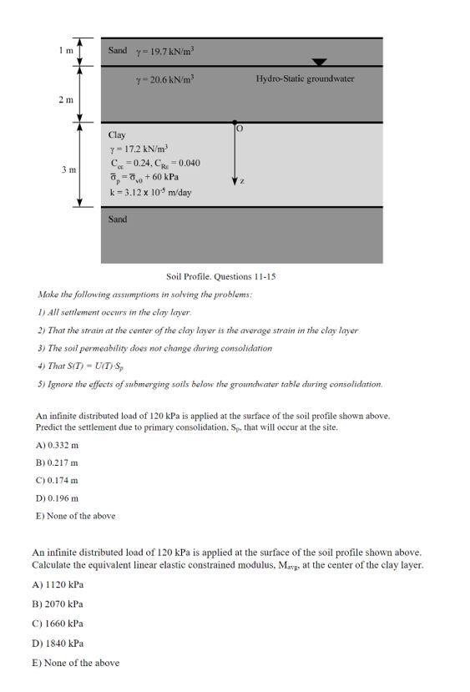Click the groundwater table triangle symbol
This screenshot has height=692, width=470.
(x=320, y=62)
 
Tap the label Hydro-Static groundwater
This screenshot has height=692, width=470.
(x=305, y=78)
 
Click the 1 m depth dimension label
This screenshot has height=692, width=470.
(x=65, y=50)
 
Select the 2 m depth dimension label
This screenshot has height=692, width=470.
(x=65, y=99)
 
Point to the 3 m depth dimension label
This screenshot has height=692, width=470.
(x=68, y=169)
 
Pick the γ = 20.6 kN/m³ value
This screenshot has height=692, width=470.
(x=165, y=79)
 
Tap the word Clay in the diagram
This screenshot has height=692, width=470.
(x=117, y=134)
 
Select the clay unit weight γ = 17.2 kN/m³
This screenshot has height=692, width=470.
(x=139, y=149)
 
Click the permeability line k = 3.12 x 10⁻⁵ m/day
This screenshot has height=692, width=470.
(x=151, y=192)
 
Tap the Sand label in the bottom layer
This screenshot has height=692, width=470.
(x=118, y=220)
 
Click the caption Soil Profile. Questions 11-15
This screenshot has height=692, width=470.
(x=220, y=275)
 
